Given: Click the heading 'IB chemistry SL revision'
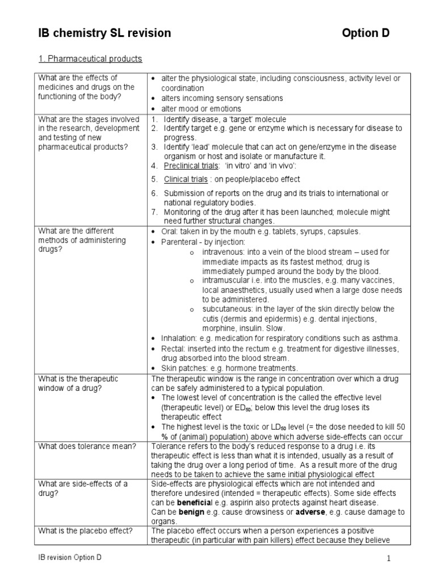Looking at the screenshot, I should [104, 33].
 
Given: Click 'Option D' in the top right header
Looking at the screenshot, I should [366, 33].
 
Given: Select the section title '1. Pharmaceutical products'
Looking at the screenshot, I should [90, 58].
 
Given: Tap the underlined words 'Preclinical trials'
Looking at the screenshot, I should [191, 166].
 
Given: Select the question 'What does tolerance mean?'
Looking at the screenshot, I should [87, 446].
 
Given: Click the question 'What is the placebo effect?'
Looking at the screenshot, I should [85, 531].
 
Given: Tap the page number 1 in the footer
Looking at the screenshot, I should [389, 559].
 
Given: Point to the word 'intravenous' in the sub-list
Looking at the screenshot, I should [222, 251].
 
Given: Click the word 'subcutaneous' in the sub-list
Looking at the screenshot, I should [227, 309].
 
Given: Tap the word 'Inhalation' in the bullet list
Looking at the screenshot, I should [178, 338].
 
